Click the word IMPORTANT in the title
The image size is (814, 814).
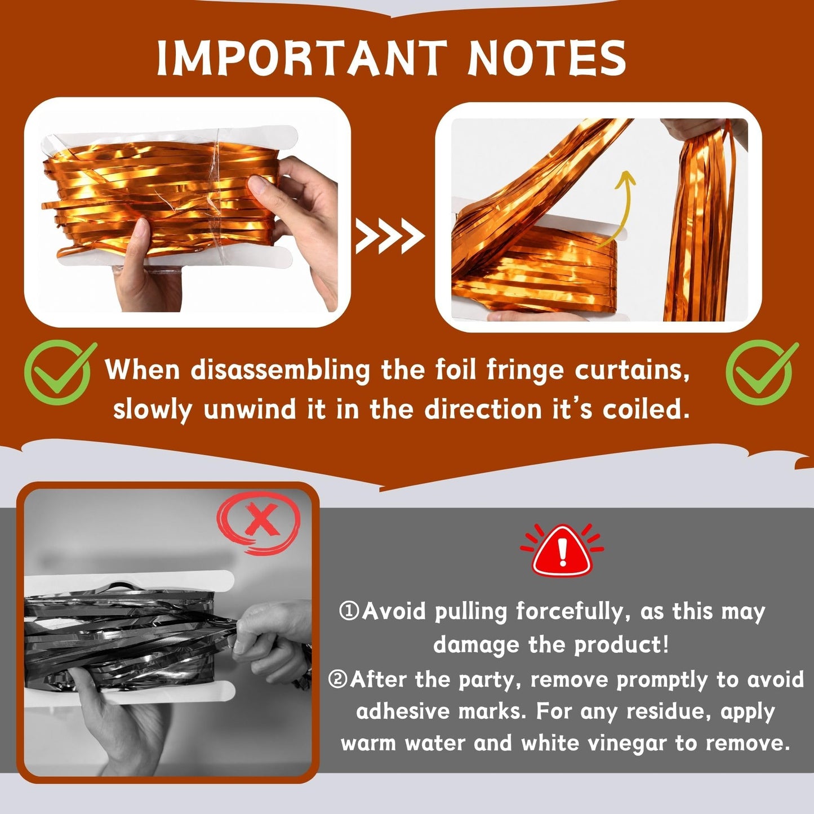coord(302,58)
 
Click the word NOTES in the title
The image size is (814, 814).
coord(546,58)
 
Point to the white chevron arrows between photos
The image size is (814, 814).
coord(390,237)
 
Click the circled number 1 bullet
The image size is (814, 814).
coord(349,611)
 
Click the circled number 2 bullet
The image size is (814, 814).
coord(338,680)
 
